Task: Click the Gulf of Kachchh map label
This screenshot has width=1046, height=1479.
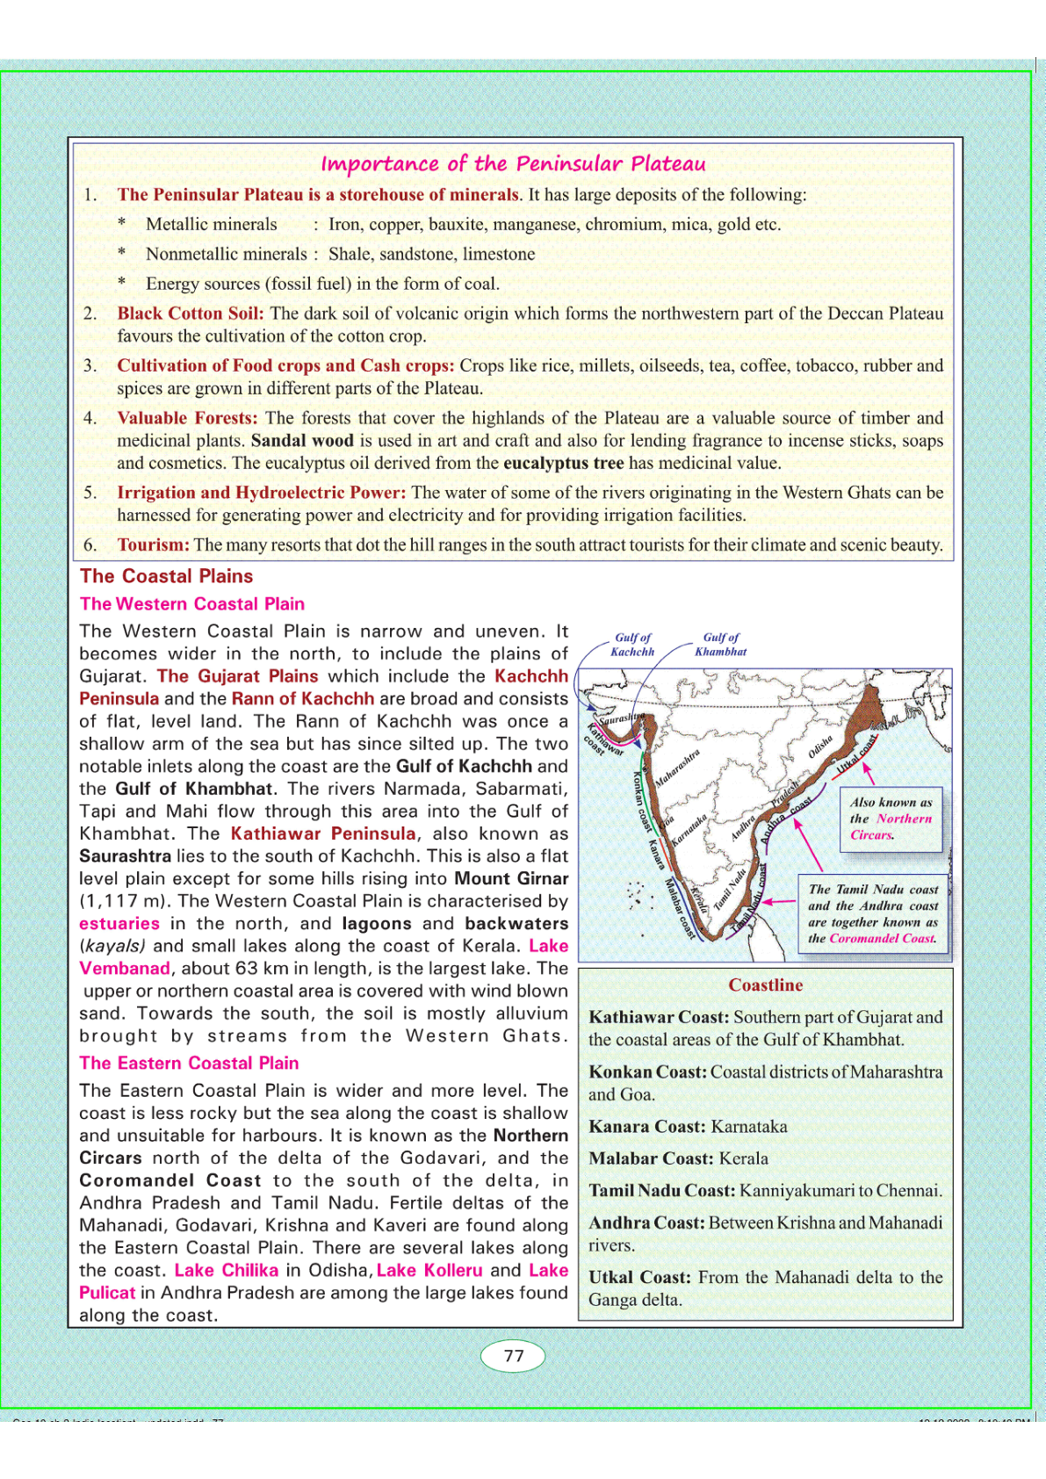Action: click(x=632, y=645)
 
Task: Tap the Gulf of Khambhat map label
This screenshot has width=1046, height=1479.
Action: click(x=720, y=645)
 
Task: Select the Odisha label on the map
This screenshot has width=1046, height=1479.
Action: click(x=819, y=747)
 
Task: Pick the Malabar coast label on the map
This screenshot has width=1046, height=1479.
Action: click(x=680, y=907)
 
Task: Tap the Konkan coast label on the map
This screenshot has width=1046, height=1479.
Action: click(x=643, y=800)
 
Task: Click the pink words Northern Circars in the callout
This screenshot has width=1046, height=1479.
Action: click(x=891, y=826)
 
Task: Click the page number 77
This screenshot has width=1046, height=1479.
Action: click(x=514, y=1356)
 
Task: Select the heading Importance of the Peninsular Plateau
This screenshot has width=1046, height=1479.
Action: click(x=513, y=163)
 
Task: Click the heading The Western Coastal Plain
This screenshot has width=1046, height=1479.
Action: click(x=192, y=604)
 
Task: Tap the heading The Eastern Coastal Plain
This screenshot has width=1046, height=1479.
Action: click(x=189, y=1063)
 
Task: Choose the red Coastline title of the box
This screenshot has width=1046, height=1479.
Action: click(x=765, y=985)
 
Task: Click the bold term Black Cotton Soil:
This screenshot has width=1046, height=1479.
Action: click(x=191, y=314)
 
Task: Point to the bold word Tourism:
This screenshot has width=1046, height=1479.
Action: click(x=154, y=545)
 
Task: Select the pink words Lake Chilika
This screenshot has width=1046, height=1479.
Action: click(x=227, y=1270)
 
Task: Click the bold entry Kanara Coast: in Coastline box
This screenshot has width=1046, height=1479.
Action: click(x=647, y=1126)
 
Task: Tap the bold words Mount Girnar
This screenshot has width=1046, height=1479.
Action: click(x=511, y=878)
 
